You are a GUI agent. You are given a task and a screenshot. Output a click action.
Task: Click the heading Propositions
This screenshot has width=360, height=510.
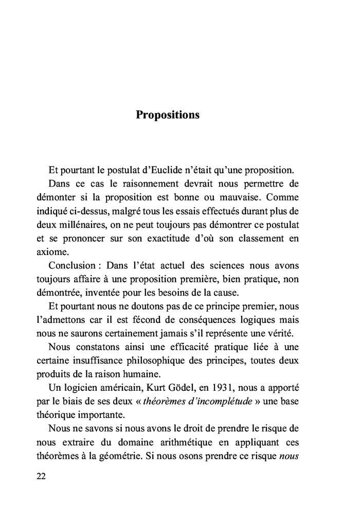coord(168,114)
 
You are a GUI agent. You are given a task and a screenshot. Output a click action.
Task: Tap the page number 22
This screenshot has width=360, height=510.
coord(42,476)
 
